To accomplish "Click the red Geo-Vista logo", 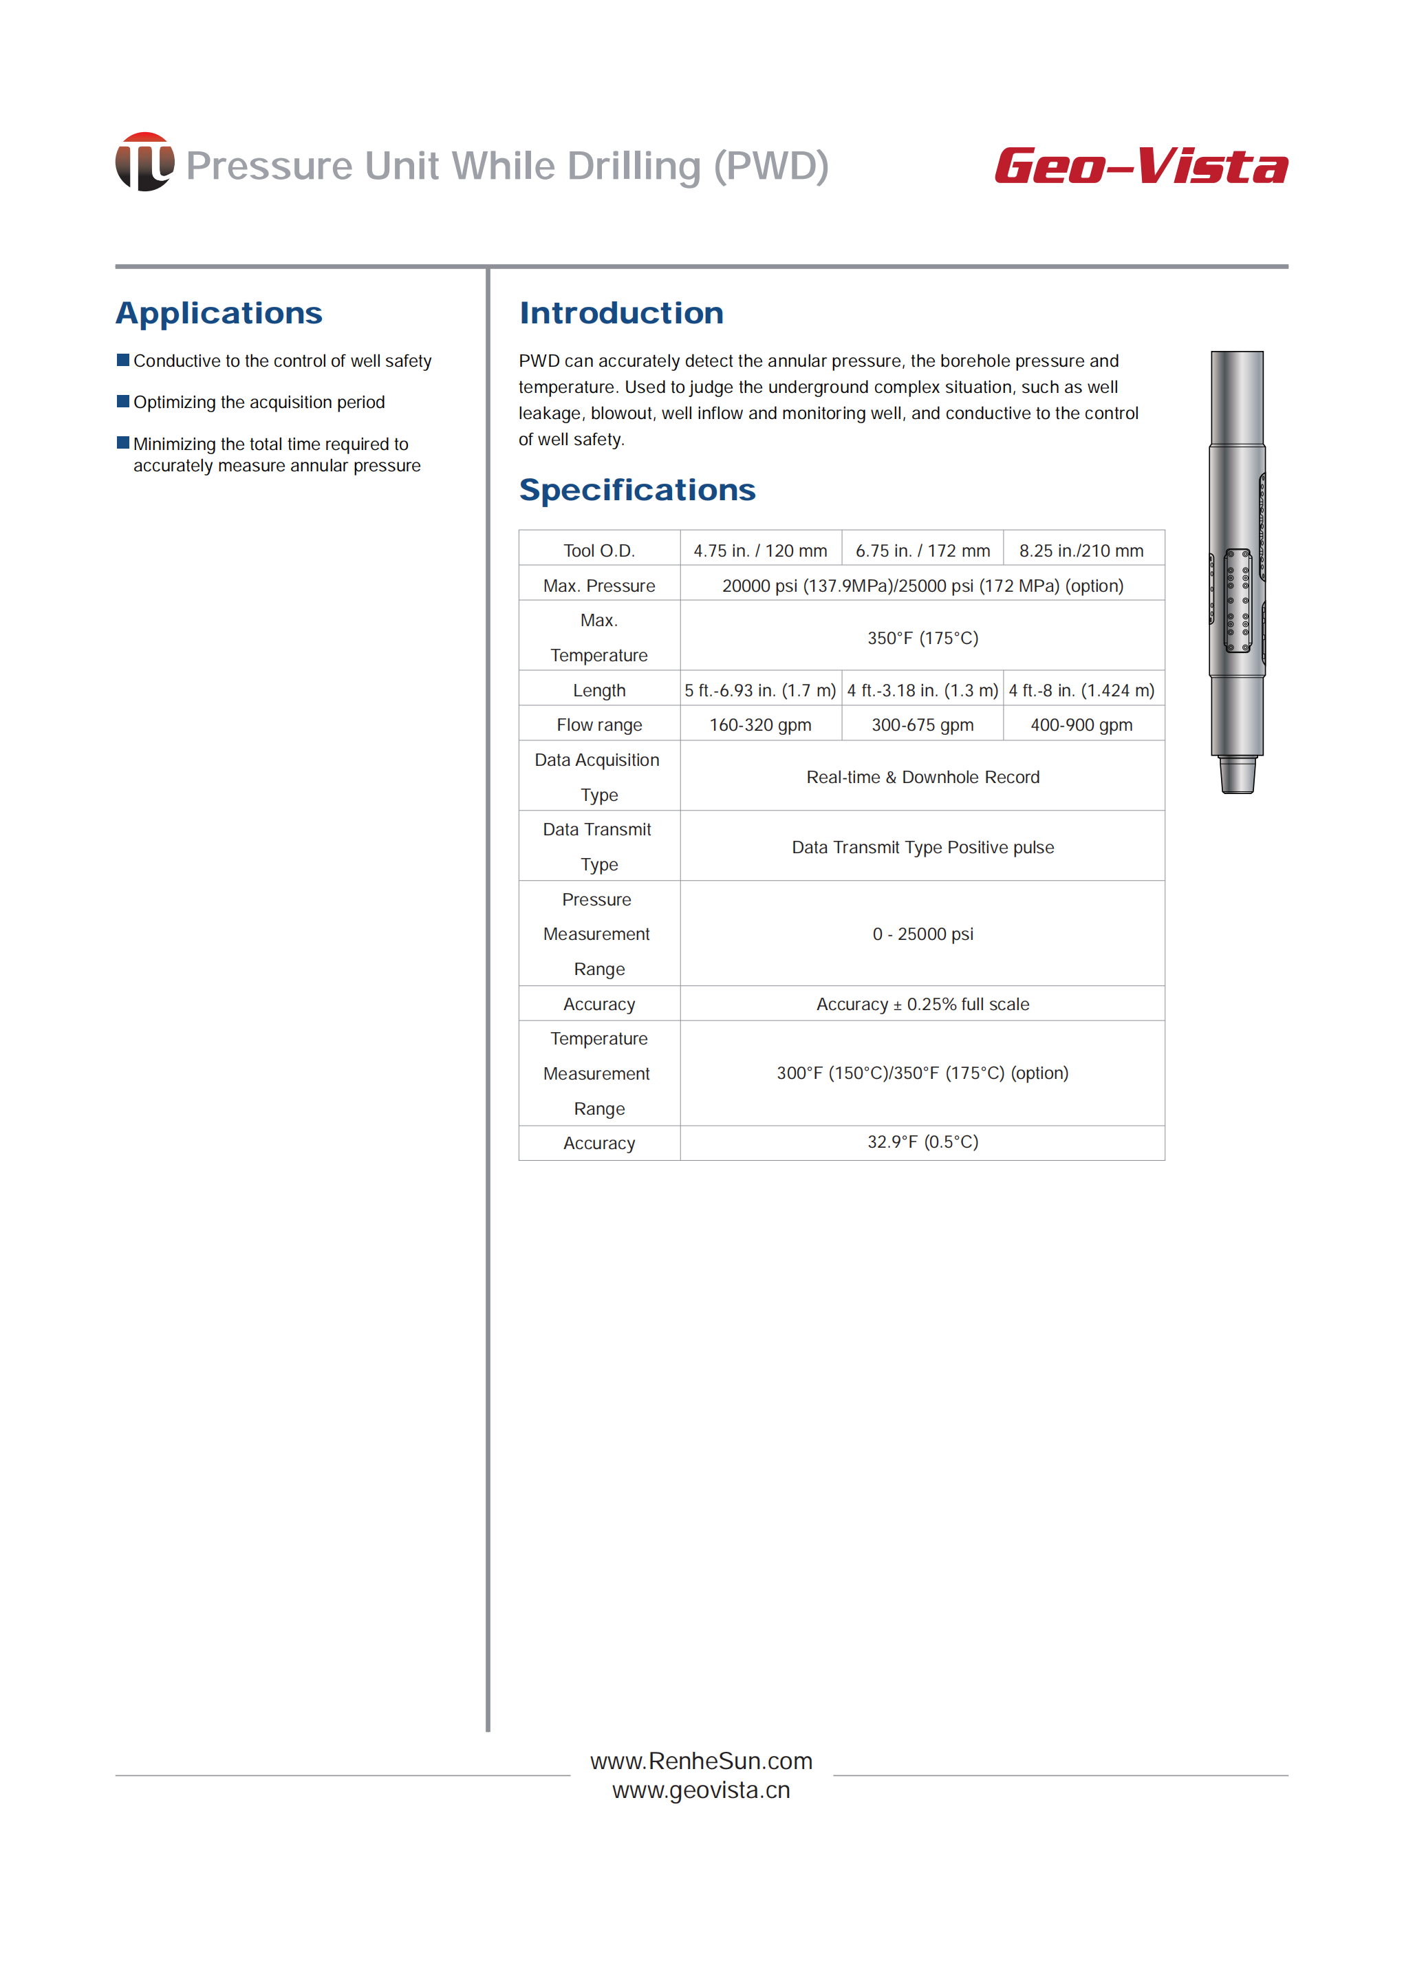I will tap(1141, 166).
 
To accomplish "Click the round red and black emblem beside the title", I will tap(144, 162).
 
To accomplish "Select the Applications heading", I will tap(219, 313).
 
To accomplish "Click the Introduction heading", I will tap(620, 313).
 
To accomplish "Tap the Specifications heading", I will tap(637, 491).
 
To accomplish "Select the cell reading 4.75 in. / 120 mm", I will tap(760, 551).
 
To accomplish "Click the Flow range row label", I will tap(599, 725).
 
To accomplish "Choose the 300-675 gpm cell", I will tap(922, 725).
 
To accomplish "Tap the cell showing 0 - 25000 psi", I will tap(922, 934).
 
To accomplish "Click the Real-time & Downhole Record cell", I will tap(922, 778).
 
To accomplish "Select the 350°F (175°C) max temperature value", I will tap(922, 639).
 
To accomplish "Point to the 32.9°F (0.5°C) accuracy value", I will tap(922, 1142).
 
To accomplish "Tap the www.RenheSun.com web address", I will tap(701, 1761).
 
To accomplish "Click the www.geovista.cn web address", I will tap(701, 1790).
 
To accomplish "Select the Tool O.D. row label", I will tap(599, 551).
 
